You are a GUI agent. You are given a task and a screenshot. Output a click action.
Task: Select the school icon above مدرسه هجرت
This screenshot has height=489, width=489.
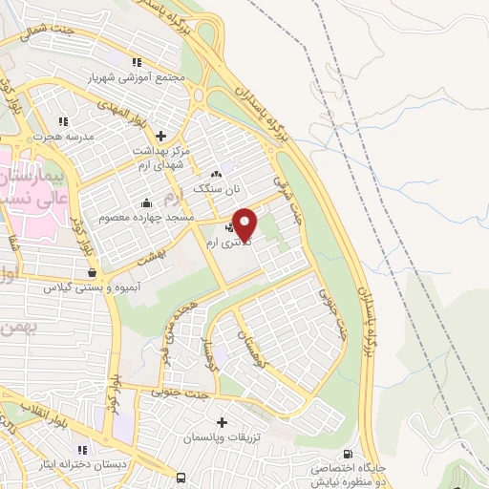coord(63,121)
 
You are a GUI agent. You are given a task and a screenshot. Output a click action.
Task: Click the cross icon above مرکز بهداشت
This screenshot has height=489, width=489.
coord(160,136)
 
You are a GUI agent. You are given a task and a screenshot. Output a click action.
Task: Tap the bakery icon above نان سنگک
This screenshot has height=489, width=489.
coord(216,175)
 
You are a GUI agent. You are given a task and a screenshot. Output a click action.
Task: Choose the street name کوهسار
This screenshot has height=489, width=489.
coord(226,357)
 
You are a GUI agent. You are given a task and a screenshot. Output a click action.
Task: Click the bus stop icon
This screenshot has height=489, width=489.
coord(181,477)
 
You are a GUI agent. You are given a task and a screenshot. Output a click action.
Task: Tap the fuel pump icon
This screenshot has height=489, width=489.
coord(347,455)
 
